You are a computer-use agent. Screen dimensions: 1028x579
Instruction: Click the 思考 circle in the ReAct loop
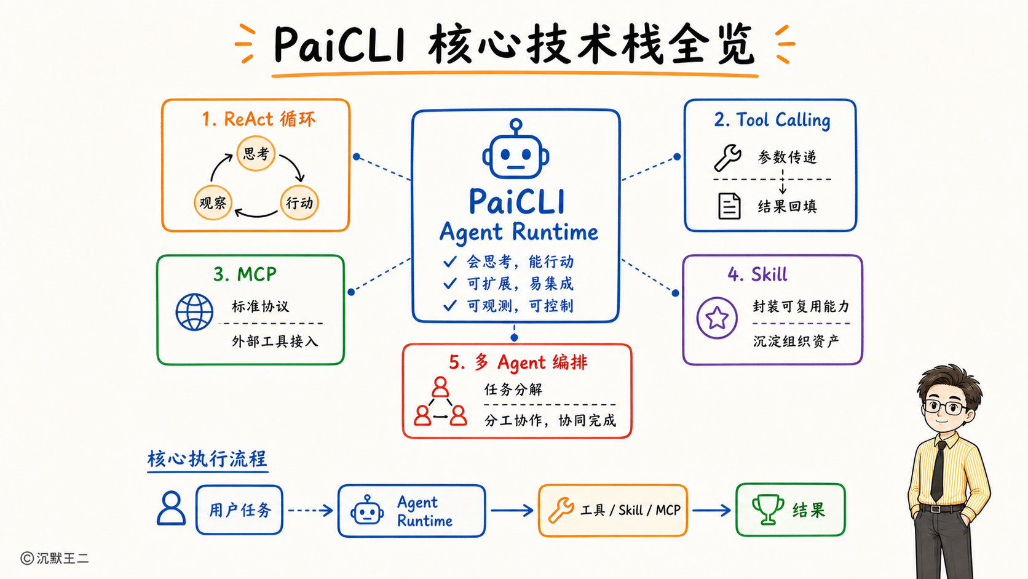(x=256, y=153)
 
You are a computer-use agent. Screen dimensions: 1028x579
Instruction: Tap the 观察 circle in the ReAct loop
(x=213, y=202)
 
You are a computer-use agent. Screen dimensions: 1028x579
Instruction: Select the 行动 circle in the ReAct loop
(x=299, y=202)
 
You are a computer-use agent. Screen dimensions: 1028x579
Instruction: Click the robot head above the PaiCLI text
(x=516, y=150)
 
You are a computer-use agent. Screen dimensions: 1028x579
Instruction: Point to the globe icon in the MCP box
(x=194, y=312)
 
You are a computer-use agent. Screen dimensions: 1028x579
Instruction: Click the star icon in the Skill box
(x=717, y=317)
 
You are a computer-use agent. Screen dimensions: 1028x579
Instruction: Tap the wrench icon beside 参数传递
(x=728, y=157)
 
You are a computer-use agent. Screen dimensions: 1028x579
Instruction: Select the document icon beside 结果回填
(x=729, y=206)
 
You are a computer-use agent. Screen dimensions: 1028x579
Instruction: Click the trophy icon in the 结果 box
(x=768, y=509)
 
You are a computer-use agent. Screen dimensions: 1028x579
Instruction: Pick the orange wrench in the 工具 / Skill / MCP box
(x=561, y=510)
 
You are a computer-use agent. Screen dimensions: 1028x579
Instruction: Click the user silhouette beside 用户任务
(x=171, y=508)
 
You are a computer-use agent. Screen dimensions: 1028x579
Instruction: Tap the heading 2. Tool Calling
(x=772, y=121)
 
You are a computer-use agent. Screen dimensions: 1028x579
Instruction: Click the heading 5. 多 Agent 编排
(x=518, y=362)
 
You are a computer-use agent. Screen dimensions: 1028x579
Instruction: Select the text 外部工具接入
(x=274, y=341)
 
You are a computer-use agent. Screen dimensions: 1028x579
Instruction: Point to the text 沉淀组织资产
(x=796, y=341)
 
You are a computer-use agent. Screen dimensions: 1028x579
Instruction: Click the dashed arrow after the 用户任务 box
(x=310, y=510)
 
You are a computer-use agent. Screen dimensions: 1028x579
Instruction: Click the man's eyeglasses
(x=946, y=407)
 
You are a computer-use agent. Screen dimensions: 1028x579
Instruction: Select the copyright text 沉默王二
(x=63, y=558)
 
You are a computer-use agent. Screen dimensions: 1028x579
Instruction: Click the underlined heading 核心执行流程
(x=207, y=458)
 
